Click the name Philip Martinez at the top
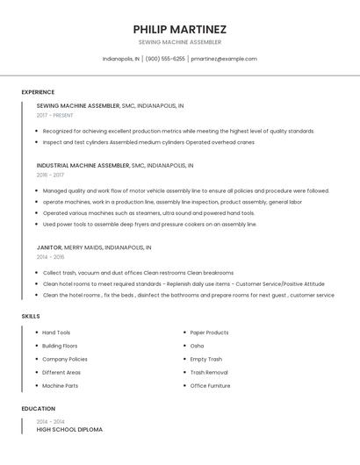[x=180, y=29]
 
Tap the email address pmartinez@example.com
[x=224, y=59]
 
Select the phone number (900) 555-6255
[x=165, y=59]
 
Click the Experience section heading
[x=38, y=92]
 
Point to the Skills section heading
[x=31, y=316]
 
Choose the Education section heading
[x=38, y=409]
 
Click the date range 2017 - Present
[x=54, y=115]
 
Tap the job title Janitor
[x=48, y=247]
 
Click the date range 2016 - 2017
[x=51, y=175]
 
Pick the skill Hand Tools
[x=56, y=333]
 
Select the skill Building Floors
[x=60, y=346]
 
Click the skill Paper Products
[x=209, y=333]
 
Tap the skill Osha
[x=198, y=346]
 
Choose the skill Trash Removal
[x=209, y=372]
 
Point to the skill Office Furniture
[x=211, y=385]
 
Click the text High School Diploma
[x=69, y=430]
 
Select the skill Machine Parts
[x=60, y=385]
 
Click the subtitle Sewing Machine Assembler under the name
[x=180, y=42]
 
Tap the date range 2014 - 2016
[x=50, y=257]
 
